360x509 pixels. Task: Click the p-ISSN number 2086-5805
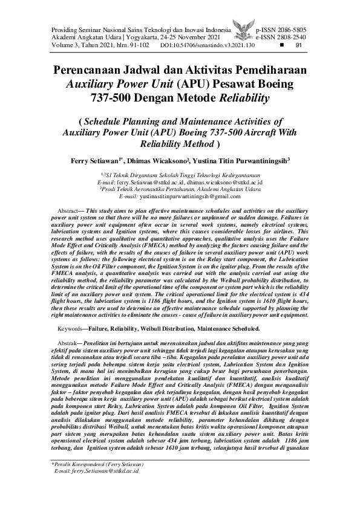(293, 29)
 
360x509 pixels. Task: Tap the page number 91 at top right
(298, 45)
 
